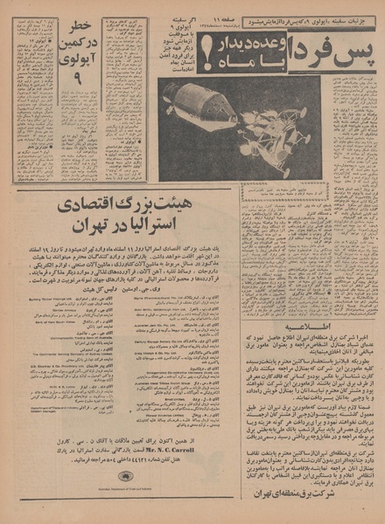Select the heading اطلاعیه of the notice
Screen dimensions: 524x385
pos(311,321)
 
